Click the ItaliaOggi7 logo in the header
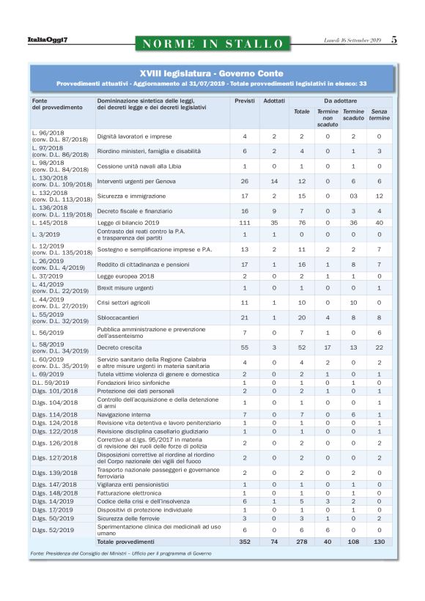click(x=43, y=40)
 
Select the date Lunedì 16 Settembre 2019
click(x=352, y=40)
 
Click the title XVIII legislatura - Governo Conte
click(x=212, y=73)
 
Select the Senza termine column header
click(x=379, y=114)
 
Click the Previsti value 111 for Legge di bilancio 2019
click(x=244, y=222)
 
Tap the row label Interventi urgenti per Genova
click(x=138, y=180)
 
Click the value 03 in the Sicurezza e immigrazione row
click(x=353, y=196)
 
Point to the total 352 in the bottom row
click(x=244, y=541)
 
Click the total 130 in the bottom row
click(x=379, y=541)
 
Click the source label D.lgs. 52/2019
click(x=53, y=529)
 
